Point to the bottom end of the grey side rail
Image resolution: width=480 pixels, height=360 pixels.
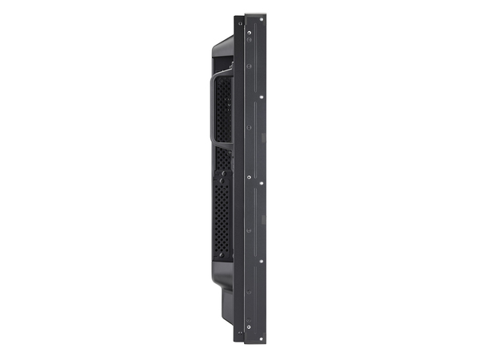tap(255, 342)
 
